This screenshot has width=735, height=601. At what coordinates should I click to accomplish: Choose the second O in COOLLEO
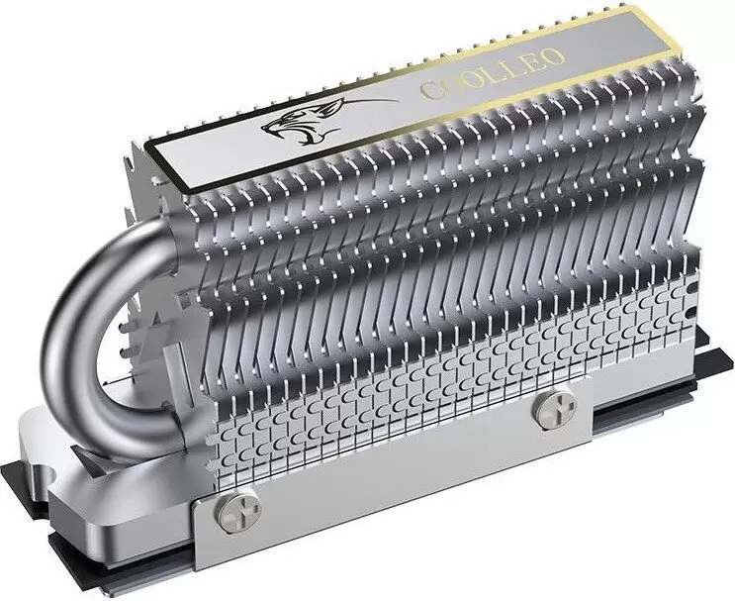[466, 80]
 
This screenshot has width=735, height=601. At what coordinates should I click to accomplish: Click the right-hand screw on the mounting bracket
[550, 412]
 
